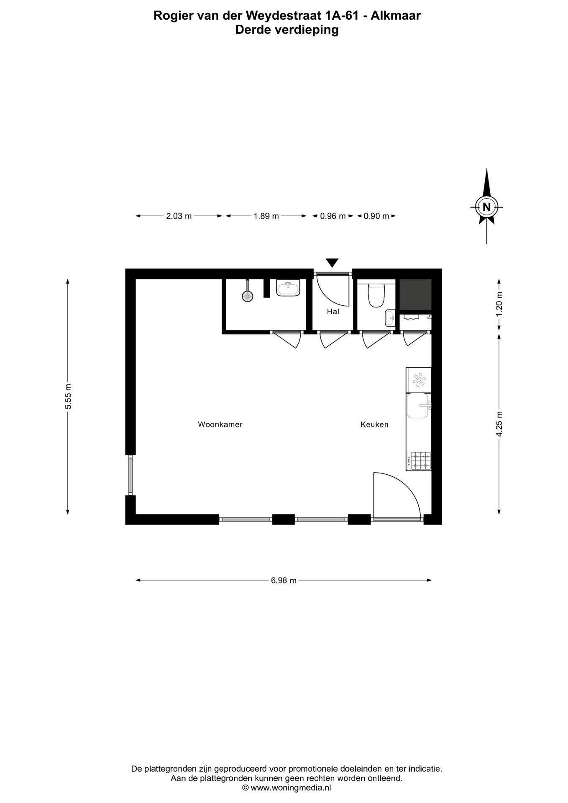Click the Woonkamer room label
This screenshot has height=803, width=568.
(220, 425)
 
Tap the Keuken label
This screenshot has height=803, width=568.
(374, 425)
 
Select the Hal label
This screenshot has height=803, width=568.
(333, 312)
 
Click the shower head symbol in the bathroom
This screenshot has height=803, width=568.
(248, 296)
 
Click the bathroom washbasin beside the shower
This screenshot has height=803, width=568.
(288, 289)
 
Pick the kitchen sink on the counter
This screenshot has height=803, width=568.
(418, 406)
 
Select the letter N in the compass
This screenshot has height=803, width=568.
(486, 207)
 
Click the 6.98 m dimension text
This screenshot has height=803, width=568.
(284, 581)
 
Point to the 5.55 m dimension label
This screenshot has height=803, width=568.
(68, 397)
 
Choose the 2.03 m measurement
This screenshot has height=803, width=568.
(179, 216)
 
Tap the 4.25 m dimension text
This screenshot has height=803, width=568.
(499, 424)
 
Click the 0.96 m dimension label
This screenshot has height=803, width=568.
(333, 216)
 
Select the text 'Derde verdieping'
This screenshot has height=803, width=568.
(287, 30)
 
